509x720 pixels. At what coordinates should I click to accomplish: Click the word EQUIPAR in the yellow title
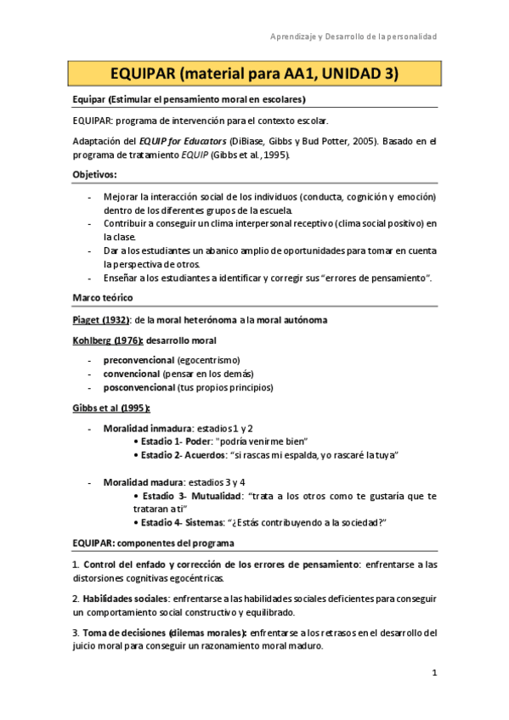point(142,74)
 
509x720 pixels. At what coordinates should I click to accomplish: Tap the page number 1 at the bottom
point(434,673)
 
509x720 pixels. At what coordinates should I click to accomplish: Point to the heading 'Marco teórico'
point(101,297)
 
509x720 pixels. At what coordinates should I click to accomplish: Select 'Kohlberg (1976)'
point(106,341)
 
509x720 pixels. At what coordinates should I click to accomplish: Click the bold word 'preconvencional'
point(139,359)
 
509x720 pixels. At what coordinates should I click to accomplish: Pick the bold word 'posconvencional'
point(139,387)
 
